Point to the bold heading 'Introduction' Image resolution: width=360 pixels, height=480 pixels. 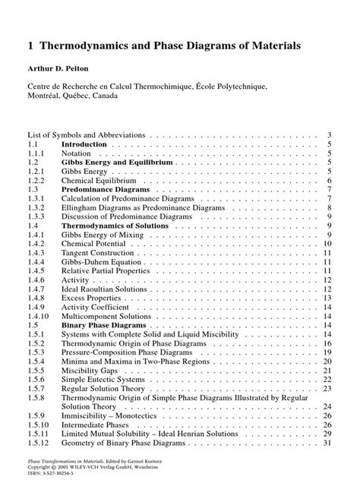(84, 143)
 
